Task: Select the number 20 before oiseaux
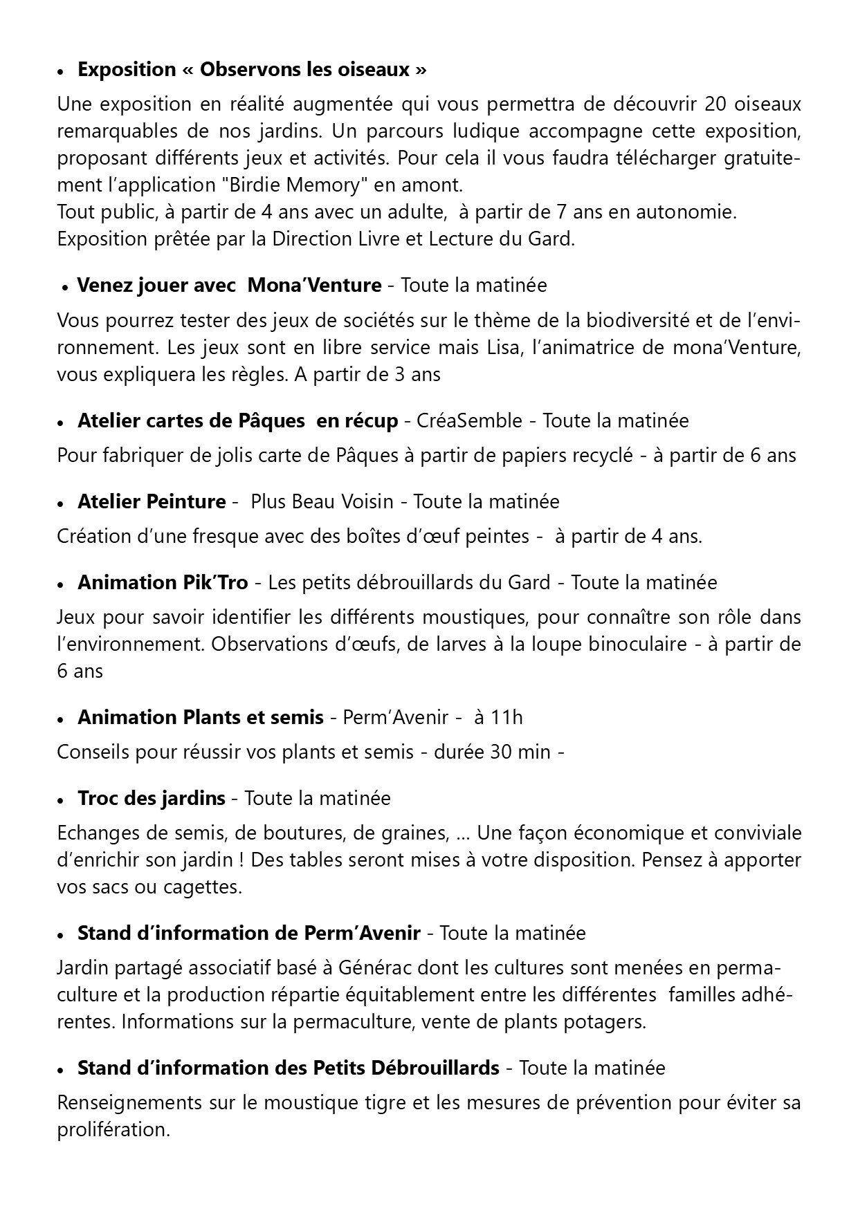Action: click(x=717, y=104)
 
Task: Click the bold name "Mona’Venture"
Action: click(x=314, y=285)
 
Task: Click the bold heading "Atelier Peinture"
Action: click(x=152, y=501)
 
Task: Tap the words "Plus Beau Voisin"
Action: click(x=322, y=501)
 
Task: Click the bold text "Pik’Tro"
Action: click(x=215, y=582)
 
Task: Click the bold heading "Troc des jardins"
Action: click(x=152, y=798)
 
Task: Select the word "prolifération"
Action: click(x=113, y=1129)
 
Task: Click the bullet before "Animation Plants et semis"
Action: click(x=62, y=719)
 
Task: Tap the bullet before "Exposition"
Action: click(x=62, y=72)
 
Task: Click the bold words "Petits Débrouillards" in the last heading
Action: click(x=406, y=1068)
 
